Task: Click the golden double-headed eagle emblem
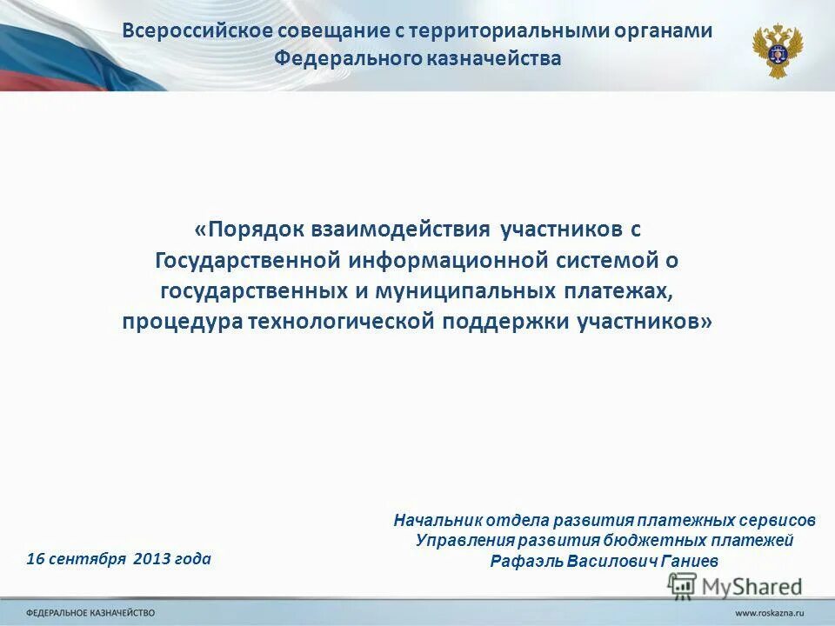coord(777,50)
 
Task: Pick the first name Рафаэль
coord(525,561)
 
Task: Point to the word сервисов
coord(776,520)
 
